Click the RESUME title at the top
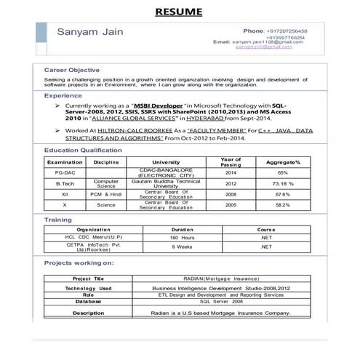click(179, 12)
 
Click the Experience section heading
click(63, 96)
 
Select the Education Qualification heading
click(83, 150)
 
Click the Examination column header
click(65, 161)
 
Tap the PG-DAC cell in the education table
click(65, 172)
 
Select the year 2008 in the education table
click(231, 195)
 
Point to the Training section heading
click(58, 219)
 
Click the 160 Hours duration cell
click(182, 238)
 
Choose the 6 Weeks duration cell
click(182, 247)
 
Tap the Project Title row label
click(89, 279)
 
